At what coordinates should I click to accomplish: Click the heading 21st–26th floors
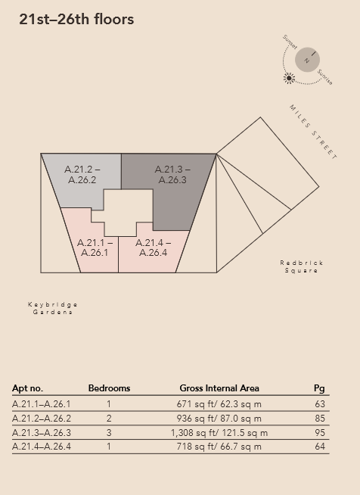pyautogui.click(x=76, y=20)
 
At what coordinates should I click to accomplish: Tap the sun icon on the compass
pyautogui.click(x=289, y=78)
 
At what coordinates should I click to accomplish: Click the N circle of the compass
pyautogui.click(x=307, y=60)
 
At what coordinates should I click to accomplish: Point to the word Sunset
pyautogui.click(x=290, y=42)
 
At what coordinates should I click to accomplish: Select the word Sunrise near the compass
pyautogui.click(x=324, y=77)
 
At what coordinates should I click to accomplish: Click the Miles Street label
pyautogui.click(x=313, y=132)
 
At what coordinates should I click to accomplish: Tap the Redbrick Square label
pyautogui.click(x=301, y=266)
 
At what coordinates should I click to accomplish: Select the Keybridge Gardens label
pyautogui.click(x=53, y=308)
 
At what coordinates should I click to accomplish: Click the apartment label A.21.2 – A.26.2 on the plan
pyautogui.click(x=82, y=175)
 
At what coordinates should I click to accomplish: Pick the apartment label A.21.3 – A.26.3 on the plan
pyautogui.click(x=172, y=175)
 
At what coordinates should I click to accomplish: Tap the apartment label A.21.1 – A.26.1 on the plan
pyautogui.click(x=95, y=247)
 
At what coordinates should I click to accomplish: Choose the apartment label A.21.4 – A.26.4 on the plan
pyautogui.click(x=153, y=247)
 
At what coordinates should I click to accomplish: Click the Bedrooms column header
pyautogui.click(x=109, y=388)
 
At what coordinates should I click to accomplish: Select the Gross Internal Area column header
pyautogui.click(x=219, y=388)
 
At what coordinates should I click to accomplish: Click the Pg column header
pyautogui.click(x=319, y=388)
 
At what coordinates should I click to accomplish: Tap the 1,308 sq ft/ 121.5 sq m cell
pyautogui.click(x=219, y=432)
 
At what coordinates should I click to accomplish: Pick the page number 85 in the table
pyautogui.click(x=320, y=419)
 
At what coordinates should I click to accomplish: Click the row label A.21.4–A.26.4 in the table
pyautogui.click(x=42, y=447)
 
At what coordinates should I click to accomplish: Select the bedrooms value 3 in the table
pyautogui.click(x=109, y=432)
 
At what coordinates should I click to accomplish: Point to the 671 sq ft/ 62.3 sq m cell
pyautogui.click(x=219, y=404)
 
